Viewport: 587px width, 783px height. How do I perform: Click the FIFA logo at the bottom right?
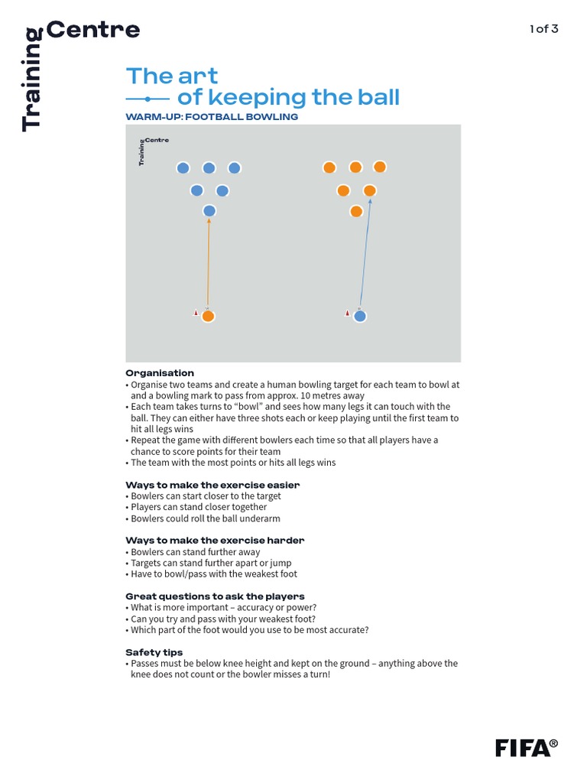526,747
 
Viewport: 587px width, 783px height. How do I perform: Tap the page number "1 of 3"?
543,29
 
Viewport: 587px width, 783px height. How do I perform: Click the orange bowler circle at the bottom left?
208,316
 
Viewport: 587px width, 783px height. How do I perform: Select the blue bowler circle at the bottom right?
359,316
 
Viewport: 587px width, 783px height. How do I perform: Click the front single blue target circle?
209,211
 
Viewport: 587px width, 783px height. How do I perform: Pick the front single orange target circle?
356,211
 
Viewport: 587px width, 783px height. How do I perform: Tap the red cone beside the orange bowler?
196,313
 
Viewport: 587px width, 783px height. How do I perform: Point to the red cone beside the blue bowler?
347,313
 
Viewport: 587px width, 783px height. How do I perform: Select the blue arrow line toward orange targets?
365,252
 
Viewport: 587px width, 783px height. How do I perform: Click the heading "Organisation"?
160,373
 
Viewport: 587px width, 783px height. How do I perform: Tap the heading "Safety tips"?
154,652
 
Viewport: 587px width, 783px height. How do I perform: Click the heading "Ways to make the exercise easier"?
212,485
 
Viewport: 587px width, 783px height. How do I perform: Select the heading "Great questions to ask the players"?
215,596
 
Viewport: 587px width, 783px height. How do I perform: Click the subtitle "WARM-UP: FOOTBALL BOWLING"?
212,117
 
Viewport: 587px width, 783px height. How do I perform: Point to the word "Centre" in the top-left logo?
93,30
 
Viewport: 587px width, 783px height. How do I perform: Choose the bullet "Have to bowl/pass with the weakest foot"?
213,573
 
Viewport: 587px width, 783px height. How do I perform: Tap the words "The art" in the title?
172,76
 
